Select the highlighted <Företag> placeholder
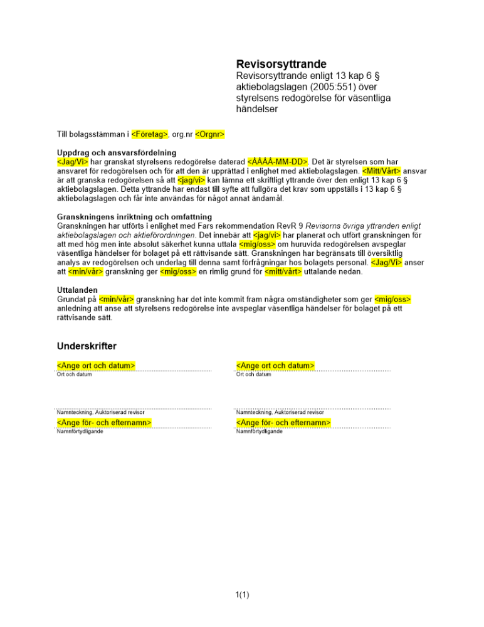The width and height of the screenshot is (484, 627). (x=150, y=134)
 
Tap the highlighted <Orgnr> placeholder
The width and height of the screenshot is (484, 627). (x=210, y=134)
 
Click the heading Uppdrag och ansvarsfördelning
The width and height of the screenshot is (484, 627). (x=117, y=152)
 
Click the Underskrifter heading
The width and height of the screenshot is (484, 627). (x=87, y=346)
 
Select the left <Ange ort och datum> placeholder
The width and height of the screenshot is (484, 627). (x=97, y=366)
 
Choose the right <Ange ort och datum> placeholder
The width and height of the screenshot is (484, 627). (x=275, y=366)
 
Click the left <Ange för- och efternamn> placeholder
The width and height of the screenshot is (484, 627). (x=104, y=423)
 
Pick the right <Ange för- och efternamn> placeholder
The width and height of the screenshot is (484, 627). (x=283, y=423)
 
